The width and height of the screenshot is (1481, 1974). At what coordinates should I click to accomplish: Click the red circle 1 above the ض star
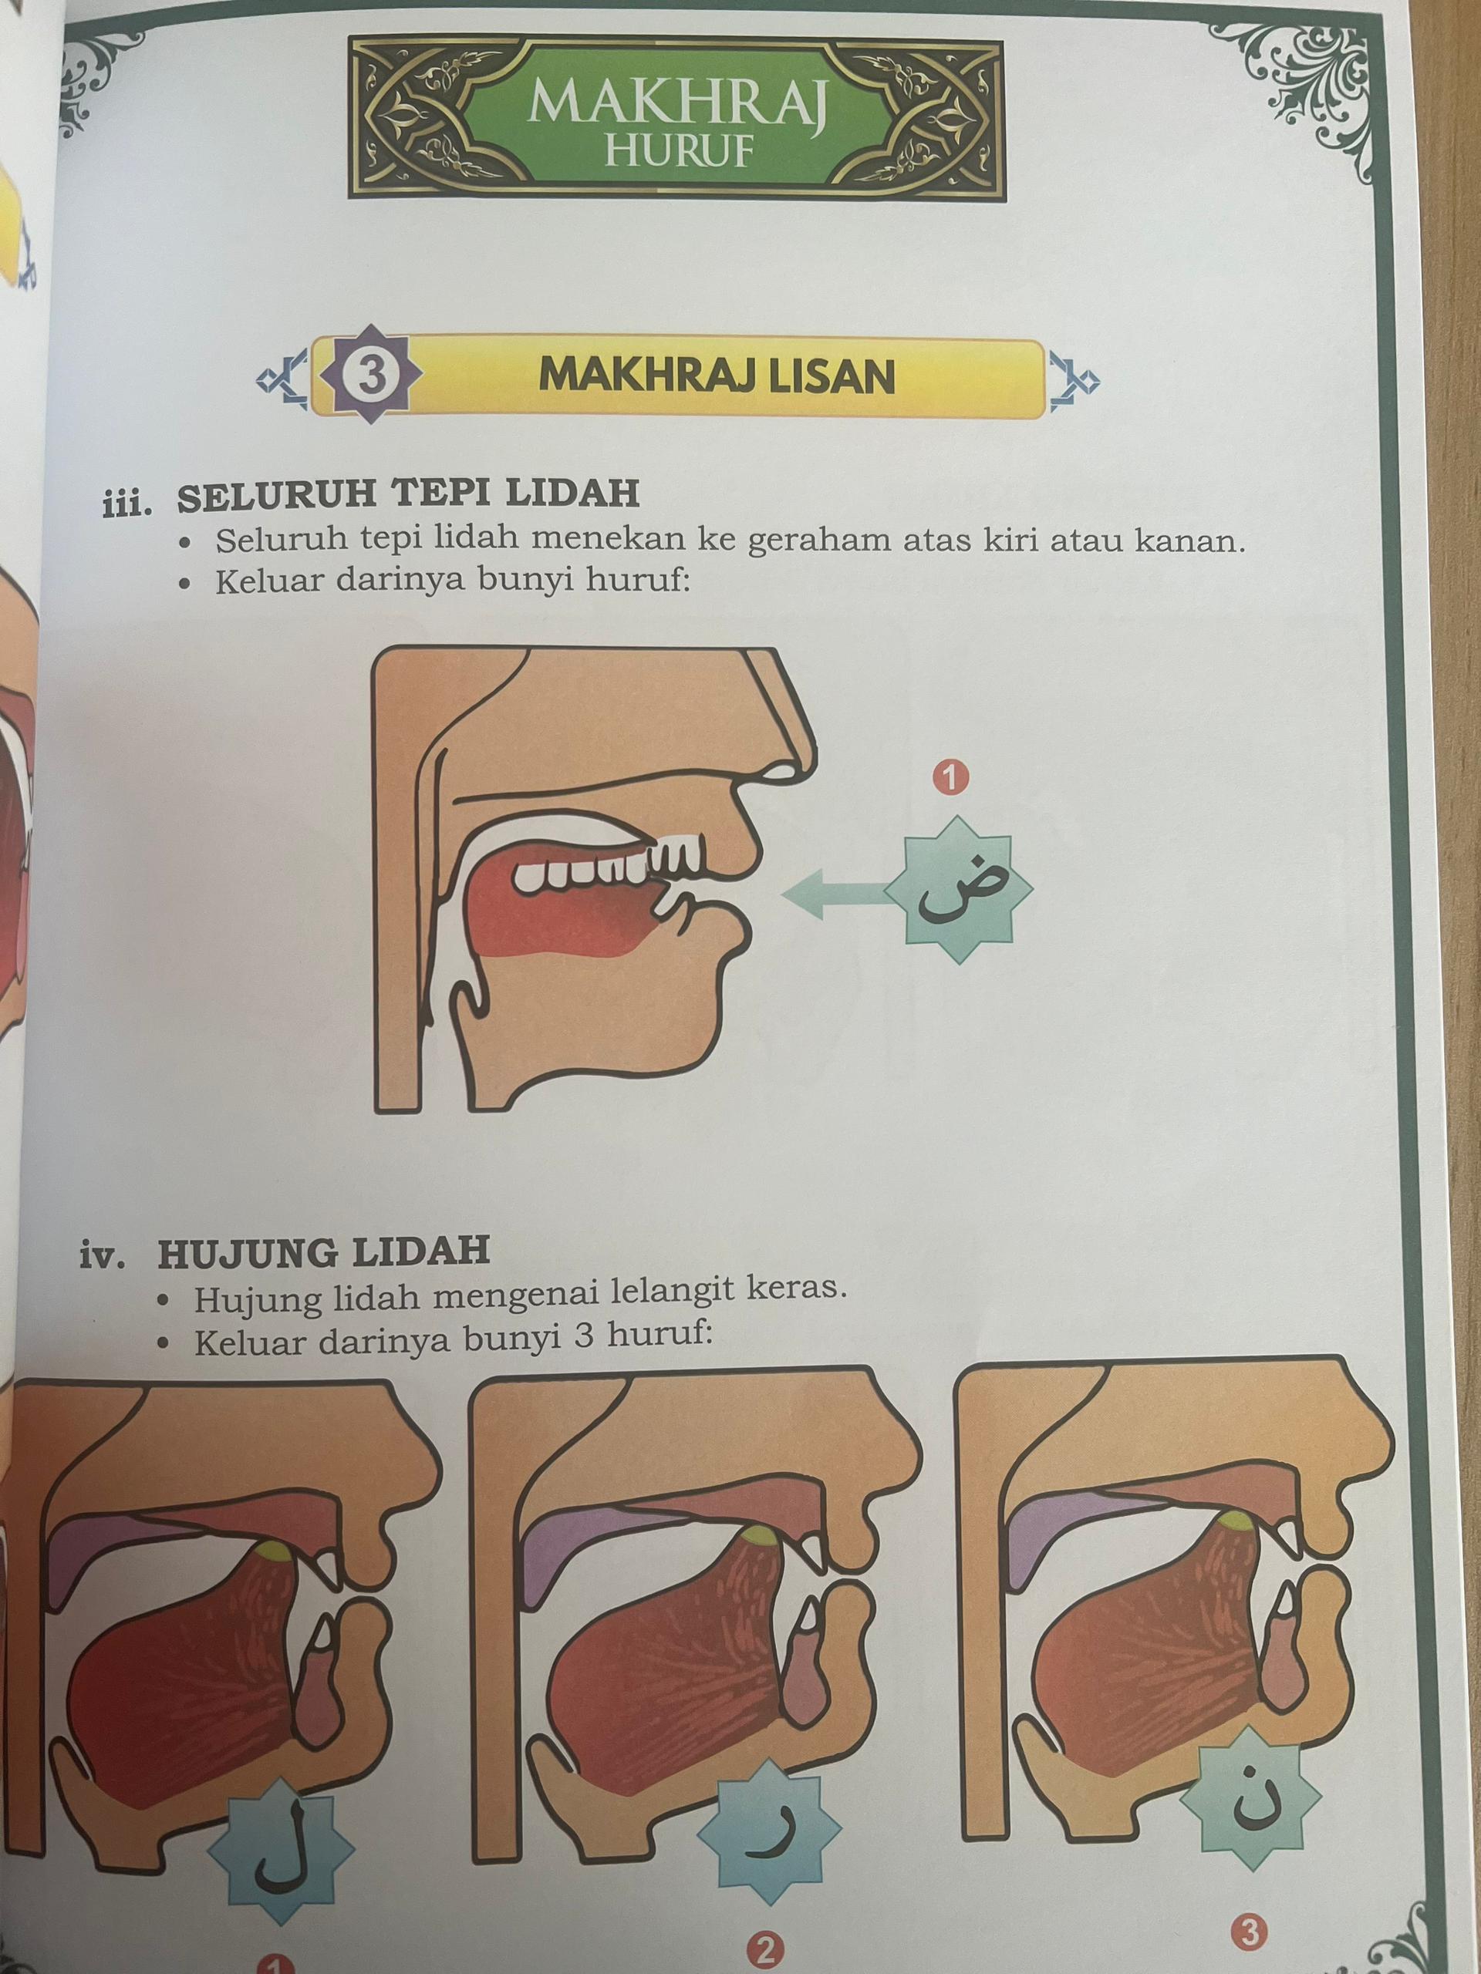(x=950, y=778)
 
